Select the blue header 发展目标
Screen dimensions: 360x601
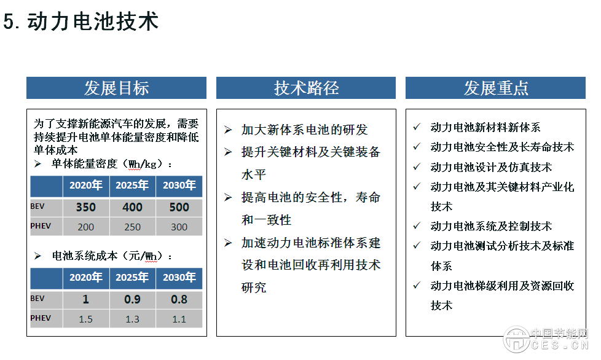tap(116, 88)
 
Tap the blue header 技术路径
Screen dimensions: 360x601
tap(306, 88)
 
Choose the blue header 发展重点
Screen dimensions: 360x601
tap(496, 88)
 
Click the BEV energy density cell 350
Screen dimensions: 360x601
tap(86, 208)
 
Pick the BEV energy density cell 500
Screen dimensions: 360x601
tap(179, 208)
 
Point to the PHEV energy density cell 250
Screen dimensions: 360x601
tap(132, 227)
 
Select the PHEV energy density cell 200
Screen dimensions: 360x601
tap(86, 227)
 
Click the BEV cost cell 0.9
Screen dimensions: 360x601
tap(132, 300)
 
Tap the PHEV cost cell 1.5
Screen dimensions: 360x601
tap(86, 319)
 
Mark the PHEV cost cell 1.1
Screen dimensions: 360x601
tap(179, 319)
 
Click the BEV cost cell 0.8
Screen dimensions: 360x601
tap(179, 300)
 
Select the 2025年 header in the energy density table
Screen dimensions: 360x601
tap(132, 186)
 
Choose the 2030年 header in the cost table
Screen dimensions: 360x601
tap(179, 278)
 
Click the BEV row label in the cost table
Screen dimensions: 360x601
tap(38, 299)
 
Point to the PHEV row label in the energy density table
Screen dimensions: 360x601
tap(41, 225)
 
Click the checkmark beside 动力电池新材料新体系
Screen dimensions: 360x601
tap(417, 127)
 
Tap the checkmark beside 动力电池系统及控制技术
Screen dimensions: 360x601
tap(417, 225)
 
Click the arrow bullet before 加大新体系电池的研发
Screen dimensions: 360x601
tap(228, 130)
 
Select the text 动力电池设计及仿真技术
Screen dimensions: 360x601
tap(491, 167)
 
